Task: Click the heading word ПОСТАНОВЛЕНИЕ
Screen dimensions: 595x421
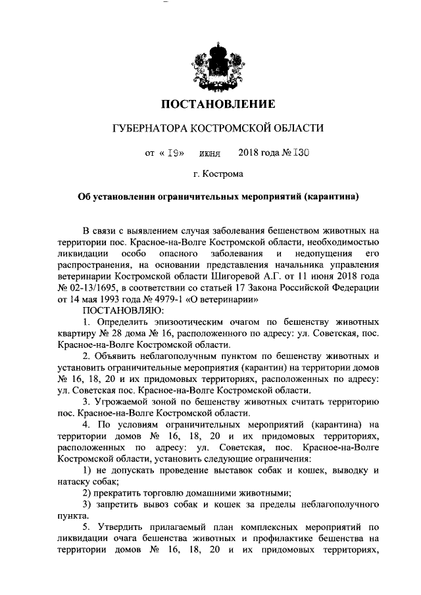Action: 218,104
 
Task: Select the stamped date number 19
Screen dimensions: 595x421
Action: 174,153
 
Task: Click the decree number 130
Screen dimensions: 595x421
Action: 300,153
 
